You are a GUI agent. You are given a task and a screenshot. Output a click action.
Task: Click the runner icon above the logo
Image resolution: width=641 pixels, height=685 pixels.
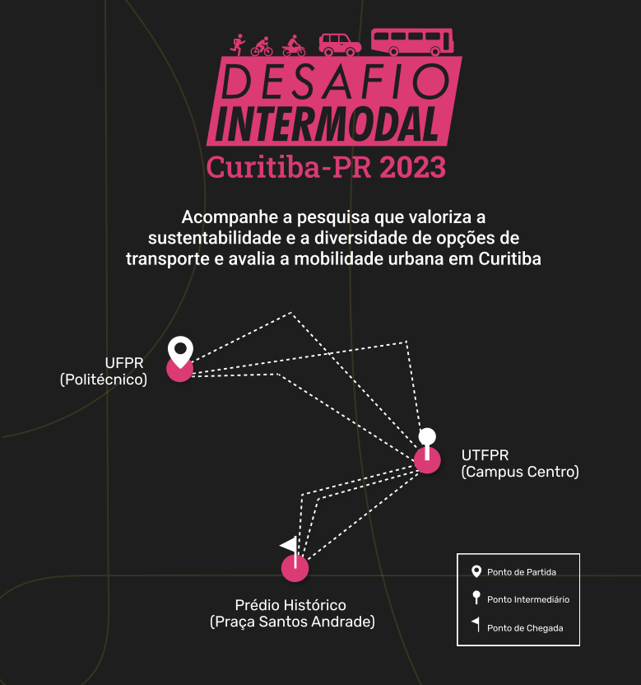pyautogui.click(x=238, y=45)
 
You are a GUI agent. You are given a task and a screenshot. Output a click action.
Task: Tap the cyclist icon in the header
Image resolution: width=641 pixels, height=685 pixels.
pyautogui.click(x=262, y=46)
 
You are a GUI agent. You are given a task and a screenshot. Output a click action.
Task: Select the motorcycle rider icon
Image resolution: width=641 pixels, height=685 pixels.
pyautogui.click(x=294, y=46)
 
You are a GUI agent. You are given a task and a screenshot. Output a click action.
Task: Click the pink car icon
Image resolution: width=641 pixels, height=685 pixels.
pyautogui.click(x=340, y=44)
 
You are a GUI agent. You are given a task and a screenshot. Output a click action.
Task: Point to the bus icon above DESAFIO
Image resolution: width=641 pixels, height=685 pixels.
pyautogui.click(x=412, y=42)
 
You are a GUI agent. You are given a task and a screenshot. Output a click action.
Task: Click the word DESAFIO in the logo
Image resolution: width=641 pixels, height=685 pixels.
pyautogui.click(x=336, y=82)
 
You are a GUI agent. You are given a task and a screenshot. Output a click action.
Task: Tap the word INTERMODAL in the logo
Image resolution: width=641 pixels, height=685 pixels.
pyautogui.click(x=327, y=124)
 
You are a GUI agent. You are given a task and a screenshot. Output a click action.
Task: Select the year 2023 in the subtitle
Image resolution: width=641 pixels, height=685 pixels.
pyautogui.click(x=412, y=167)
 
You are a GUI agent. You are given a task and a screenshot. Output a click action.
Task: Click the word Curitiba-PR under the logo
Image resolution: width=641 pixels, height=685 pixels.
pyautogui.click(x=289, y=167)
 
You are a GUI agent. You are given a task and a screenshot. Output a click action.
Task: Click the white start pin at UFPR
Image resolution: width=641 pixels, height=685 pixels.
pyautogui.click(x=180, y=352)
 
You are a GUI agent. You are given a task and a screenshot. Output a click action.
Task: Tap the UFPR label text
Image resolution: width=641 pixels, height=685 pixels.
pyautogui.click(x=124, y=363)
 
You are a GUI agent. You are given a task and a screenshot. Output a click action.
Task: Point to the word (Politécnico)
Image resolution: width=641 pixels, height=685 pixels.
pyautogui.click(x=104, y=380)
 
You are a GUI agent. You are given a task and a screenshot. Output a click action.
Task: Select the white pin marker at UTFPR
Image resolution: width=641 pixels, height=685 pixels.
pyautogui.click(x=427, y=443)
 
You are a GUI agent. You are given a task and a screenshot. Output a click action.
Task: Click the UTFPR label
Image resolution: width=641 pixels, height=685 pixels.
pyautogui.click(x=485, y=455)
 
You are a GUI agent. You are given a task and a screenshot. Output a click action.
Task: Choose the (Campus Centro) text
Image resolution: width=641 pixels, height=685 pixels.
pyautogui.click(x=520, y=472)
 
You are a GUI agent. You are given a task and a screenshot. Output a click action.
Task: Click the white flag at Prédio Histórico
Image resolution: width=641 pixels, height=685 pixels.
pyautogui.click(x=290, y=552)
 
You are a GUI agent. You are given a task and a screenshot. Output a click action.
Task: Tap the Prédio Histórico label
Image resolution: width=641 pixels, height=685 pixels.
pyautogui.click(x=290, y=605)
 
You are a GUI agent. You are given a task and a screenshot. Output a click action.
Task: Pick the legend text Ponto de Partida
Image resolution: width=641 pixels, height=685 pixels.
pyautogui.click(x=522, y=572)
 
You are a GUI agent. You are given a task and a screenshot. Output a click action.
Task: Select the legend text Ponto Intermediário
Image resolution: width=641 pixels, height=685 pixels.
pyautogui.click(x=528, y=599)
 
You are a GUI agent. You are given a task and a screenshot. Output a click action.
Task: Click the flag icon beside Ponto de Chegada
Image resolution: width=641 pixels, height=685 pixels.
pyautogui.click(x=476, y=624)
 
